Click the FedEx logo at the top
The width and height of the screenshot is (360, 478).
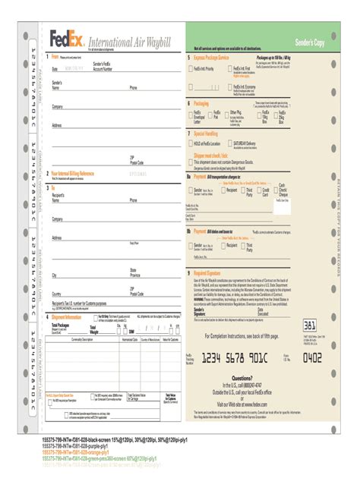[x=67, y=36]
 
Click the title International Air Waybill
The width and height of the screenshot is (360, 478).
[x=127, y=40]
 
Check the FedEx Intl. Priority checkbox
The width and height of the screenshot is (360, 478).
[x=190, y=68]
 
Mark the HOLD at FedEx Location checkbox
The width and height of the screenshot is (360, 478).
[x=190, y=143]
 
